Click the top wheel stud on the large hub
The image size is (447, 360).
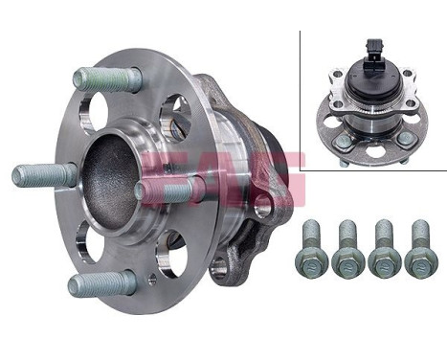point(105,79)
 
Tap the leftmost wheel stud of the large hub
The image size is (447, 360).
point(43,175)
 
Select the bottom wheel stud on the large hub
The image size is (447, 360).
point(101,283)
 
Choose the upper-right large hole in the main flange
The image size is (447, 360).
point(175,116)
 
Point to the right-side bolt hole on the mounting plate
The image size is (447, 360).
point(261,203)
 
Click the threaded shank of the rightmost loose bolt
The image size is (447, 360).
point(419,233)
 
